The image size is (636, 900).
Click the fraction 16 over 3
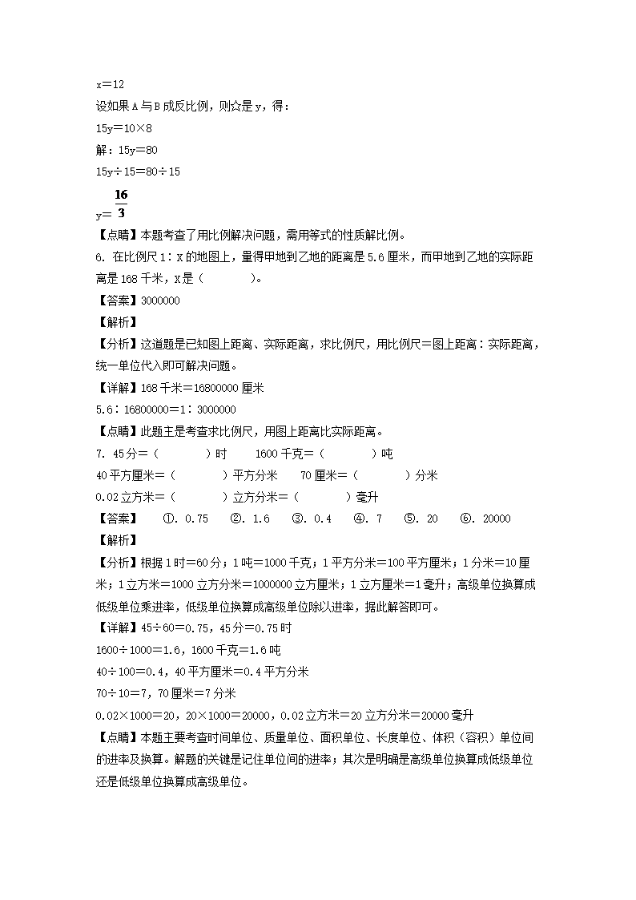(x=121, y=205)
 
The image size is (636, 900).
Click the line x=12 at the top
(x=110, y=83)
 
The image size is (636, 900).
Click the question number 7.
(x=99, y=454)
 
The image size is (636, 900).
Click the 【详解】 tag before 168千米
(x=117, y=388)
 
